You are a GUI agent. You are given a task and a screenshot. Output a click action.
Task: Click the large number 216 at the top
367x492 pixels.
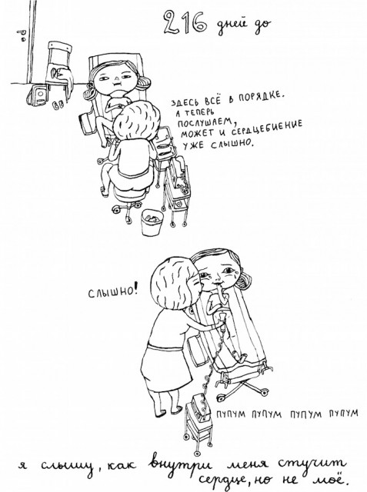coord(185,22)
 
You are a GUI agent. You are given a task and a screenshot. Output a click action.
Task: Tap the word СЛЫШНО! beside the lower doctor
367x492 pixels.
coord(112,292)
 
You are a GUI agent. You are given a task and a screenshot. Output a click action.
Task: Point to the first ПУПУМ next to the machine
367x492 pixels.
coord(231,414)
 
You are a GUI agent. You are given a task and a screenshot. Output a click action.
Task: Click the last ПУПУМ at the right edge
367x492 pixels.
coord(343,413)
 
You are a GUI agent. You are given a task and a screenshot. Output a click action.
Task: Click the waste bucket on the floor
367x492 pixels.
coord(152,222)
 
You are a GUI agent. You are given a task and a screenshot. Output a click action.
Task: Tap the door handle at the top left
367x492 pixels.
coord(22,35)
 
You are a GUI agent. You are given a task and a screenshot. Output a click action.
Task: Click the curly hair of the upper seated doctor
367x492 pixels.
coord(136,119)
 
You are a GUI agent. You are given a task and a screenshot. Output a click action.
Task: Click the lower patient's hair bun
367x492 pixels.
coord(245,281)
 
